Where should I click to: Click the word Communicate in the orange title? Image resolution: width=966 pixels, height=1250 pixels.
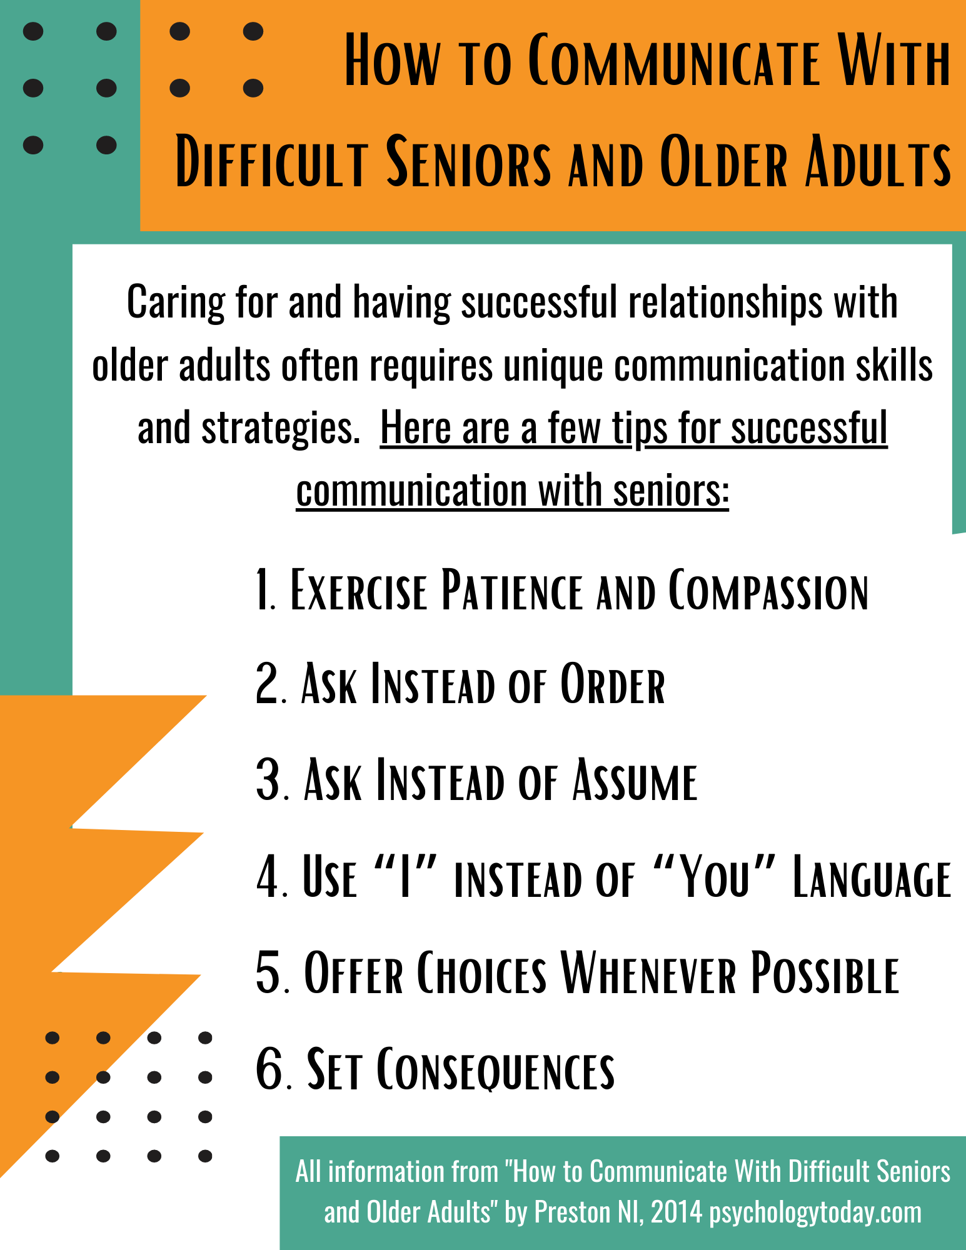pos(674,61)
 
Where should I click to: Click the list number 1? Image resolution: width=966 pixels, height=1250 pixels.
pos(265,589)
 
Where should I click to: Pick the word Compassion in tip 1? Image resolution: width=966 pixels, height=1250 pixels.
pos(768,589)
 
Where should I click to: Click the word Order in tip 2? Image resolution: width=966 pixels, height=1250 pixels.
pos(612,684)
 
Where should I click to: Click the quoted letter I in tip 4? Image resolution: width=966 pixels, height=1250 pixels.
pos(405,877)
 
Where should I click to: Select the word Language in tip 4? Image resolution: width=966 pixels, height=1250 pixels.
pos(872,878)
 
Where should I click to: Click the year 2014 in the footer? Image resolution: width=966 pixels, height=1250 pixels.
pos(677,1212)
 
